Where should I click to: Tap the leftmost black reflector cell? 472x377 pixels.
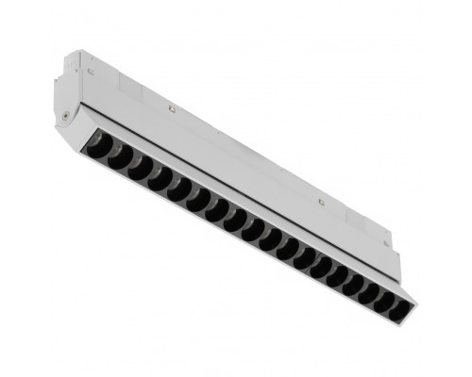[98, 149]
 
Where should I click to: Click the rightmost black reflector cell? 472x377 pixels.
[397, 303]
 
